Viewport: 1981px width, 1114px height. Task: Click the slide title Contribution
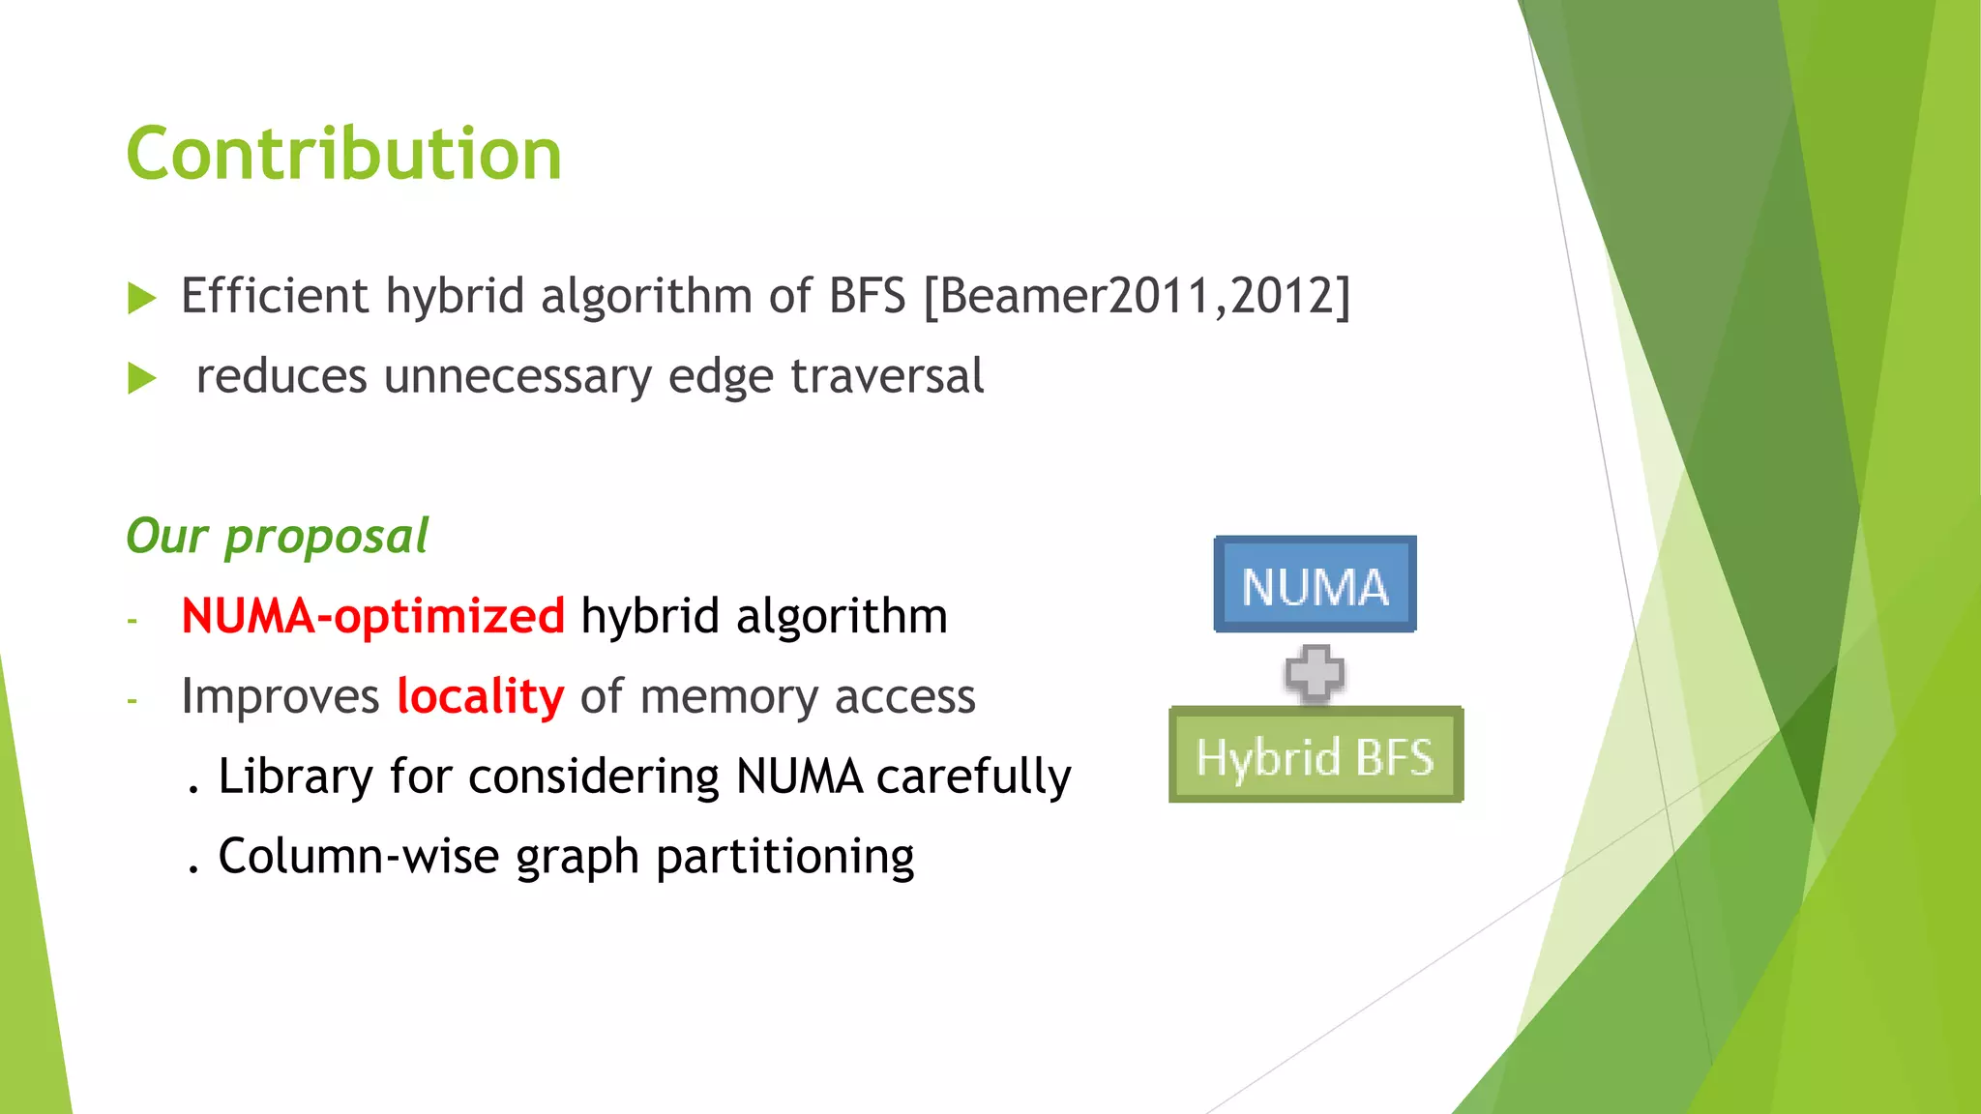tap(343, 155)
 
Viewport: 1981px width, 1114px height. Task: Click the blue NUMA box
tap(1315, 585)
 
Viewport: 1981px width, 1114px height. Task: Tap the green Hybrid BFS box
tap(1316, 755)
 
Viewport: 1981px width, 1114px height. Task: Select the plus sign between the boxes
tap(1315, 672)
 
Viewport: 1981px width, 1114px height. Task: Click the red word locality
tap(480, 696)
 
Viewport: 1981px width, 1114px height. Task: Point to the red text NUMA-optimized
tap(372, 616)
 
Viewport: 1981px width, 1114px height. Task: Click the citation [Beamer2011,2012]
tap(1137, 296)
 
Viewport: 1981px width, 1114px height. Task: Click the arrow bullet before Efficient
tap(142, 298)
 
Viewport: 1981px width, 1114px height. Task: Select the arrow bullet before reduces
tap(142, 378)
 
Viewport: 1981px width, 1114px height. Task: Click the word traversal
tap(887, 376)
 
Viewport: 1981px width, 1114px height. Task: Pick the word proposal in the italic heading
tap(326, 537)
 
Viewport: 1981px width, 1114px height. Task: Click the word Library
tap(295, 777)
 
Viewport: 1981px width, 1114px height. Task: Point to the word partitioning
tap(784, 858)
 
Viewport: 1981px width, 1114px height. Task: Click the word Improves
tap(281, 696)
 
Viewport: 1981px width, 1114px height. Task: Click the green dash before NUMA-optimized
tap(133, 620)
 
